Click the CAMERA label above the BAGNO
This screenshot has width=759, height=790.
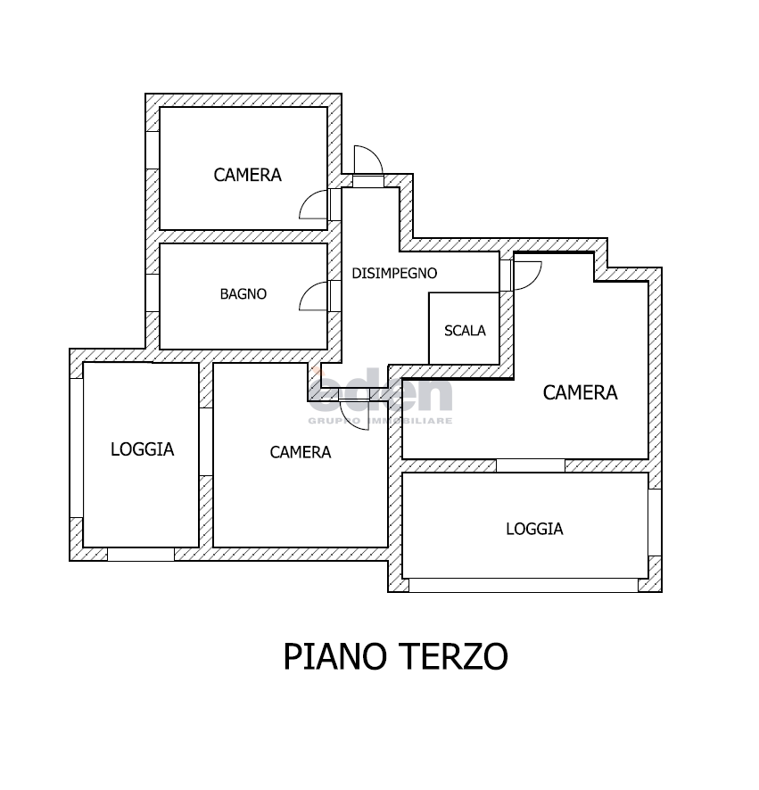[x=247, y=175]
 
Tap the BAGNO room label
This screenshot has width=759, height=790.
[x=243, y=293]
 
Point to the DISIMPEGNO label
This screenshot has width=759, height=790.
[x=394, y=273]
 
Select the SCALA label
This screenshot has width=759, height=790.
[x=465, y=330]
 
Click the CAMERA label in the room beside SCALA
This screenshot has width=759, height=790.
[x=580, y=392]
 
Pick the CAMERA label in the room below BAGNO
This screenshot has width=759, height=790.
[x=300, y=452]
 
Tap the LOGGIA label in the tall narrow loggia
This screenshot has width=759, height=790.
[x=142, y=449]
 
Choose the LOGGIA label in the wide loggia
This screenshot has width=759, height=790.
[x=534, y=529]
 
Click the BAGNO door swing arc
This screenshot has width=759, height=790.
[x=315, y=297]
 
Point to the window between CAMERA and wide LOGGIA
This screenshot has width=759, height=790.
[x=530, y=465]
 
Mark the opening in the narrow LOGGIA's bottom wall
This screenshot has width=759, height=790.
[x=140, y=554]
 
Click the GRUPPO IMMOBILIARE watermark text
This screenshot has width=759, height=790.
[x=381, y=421]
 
